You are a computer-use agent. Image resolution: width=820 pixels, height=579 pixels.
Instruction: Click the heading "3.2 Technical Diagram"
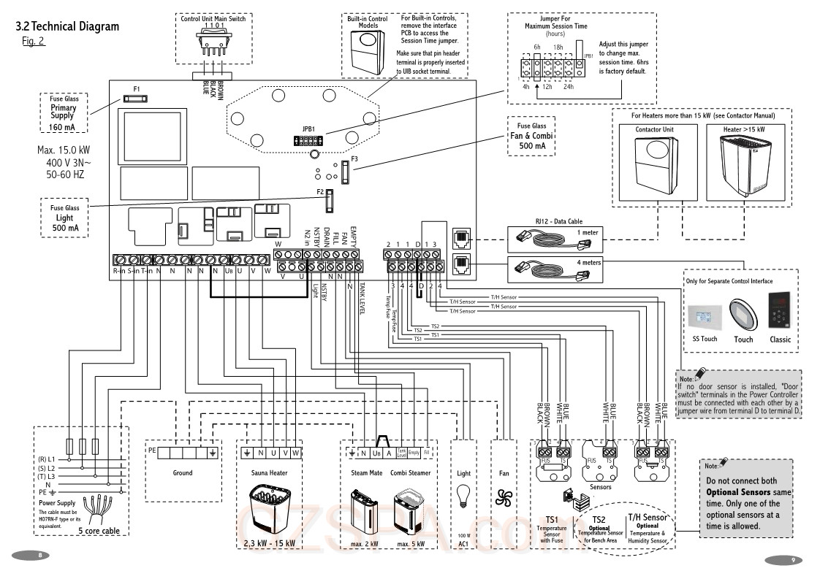click(67, 27)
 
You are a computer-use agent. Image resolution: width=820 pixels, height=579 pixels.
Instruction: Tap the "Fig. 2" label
click(34, 41)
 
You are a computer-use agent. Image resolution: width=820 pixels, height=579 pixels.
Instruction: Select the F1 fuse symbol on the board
click(137, 97)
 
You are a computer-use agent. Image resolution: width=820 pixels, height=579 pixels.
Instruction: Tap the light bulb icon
click(463, 497)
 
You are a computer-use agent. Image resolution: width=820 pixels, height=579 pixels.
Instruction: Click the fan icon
click(504, 497)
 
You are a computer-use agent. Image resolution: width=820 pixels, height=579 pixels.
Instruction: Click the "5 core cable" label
click(99, 531)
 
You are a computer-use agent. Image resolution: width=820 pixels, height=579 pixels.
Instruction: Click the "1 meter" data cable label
click(586, 232)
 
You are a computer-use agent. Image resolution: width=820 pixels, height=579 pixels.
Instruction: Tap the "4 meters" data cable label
click(589, 262)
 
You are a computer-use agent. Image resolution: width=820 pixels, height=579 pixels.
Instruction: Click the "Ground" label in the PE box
click(183, 472)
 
